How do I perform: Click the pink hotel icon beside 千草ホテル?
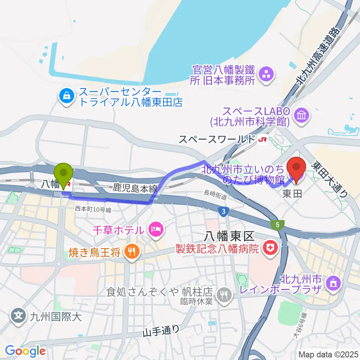(155, 229)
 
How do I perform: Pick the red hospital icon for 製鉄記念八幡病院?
(269, 247)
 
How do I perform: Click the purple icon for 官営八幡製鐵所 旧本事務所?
(267, 74)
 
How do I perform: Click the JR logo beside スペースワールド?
(261, 139)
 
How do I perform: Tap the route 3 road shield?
(223, 212)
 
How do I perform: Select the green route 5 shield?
(278, 224)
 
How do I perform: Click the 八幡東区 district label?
(229, 236)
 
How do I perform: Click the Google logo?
(25, 351)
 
